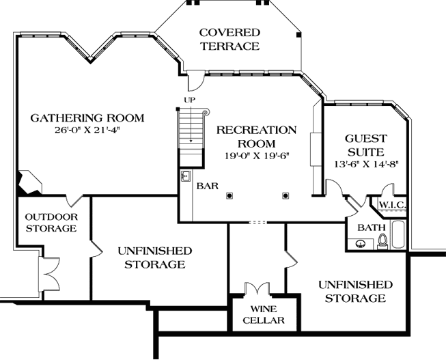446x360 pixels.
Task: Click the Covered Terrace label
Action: pos(229,40)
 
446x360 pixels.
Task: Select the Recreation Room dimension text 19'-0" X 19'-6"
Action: pos(257,155)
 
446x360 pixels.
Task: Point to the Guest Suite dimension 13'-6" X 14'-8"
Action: pos(365,164)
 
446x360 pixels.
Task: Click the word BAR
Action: pos(207,185)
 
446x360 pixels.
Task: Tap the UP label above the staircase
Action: pos(189,100)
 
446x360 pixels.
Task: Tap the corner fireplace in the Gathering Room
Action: pos(29,182)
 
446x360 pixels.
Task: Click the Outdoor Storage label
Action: pos(51,222)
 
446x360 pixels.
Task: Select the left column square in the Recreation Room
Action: pos(229,195)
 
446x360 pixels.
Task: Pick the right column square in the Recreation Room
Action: pos(285,195)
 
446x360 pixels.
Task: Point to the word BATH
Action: pos(372,227)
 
